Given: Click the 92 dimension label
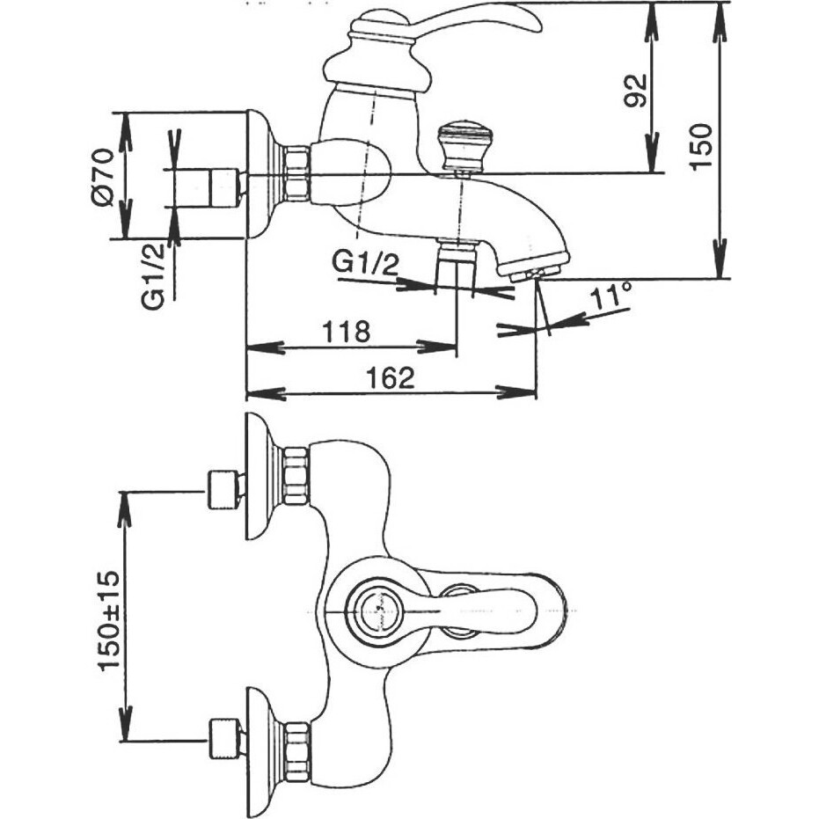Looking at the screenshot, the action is point(636,90).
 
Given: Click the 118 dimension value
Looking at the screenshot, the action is point(346,331).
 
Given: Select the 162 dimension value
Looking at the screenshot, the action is point(391,377).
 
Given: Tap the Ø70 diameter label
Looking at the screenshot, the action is point(101,177).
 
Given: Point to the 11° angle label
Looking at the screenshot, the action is point(611,296).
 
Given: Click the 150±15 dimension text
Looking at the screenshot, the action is point(109,620).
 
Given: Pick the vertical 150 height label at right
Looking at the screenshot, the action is point(700,146).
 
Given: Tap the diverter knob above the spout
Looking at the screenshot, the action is point(460,146).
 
